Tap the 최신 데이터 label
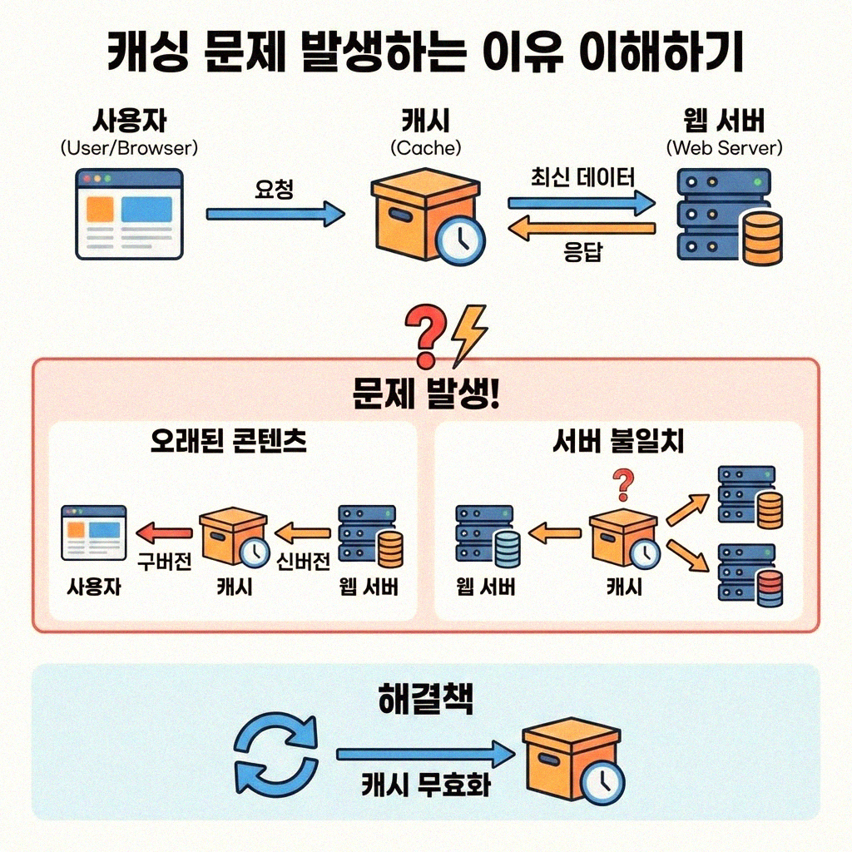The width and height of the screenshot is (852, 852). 582,177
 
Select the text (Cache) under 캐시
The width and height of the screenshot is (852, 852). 425,148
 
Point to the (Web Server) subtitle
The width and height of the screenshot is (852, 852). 725,148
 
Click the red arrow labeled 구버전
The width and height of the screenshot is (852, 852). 164,532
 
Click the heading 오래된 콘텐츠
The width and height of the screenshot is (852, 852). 228,441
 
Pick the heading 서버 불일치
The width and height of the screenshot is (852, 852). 617,441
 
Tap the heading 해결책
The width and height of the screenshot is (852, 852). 425,700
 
